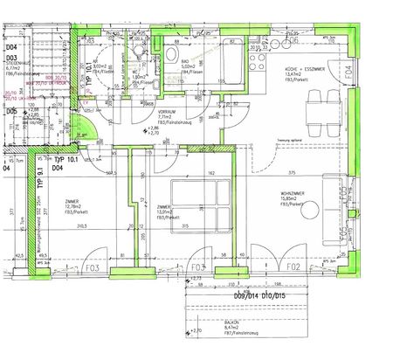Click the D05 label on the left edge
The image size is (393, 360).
pyautogui.click(x=11, y=112)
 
